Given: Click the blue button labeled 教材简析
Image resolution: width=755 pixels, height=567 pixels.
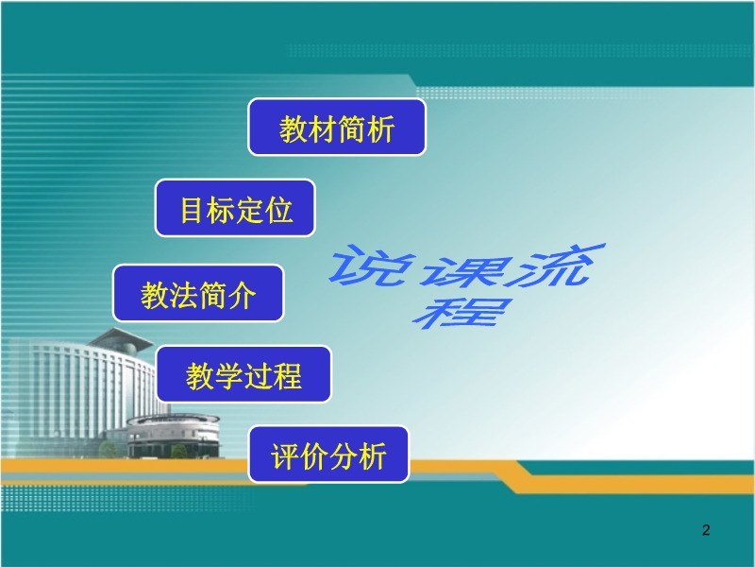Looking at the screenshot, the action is pyautogui.click(x=337, y=127).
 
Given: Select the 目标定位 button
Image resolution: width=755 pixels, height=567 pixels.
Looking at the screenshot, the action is pyautogui.click(x=235, y=208).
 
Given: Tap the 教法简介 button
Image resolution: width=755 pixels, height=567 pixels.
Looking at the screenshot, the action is pyautogui.click(x=198, y=293).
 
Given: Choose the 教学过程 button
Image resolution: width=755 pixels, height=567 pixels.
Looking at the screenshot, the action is pyautogui.click(x=243, y=374).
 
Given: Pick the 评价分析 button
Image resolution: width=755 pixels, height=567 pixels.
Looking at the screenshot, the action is pyautogui.click(x=328, y=455).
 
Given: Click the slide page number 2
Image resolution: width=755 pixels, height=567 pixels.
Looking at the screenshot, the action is pyautogui.click(x=706, y=530).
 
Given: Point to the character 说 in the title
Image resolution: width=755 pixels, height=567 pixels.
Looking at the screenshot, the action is pyautogui.click(x=372, y=266).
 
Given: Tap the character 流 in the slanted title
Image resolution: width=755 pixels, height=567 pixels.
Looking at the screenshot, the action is pyautogui.click(x=554, y=265).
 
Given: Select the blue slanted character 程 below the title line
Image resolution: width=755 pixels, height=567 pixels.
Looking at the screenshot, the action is pyautogui.click(x=461, y=313).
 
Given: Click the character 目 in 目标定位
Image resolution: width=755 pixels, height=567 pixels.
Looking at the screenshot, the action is pyautogui.click(x=191, y=210).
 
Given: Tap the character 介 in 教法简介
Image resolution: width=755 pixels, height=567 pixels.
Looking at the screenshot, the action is pyautogui.click(x=242, y=295).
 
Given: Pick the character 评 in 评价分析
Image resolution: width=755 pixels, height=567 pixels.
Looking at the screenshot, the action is pyautogui.click(x=285, y=456).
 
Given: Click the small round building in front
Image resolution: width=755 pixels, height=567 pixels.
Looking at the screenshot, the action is pyautogui.click(x=174, y=436).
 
